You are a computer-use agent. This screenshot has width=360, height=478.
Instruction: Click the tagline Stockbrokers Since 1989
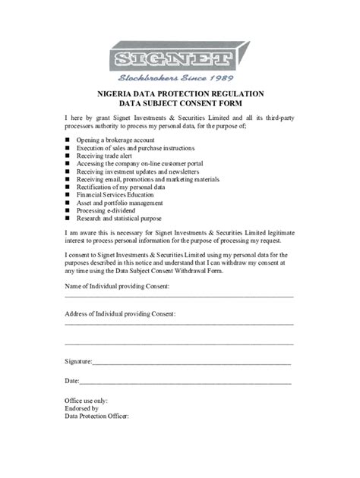coord(179,78)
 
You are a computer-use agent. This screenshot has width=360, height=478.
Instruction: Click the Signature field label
coord(79,363)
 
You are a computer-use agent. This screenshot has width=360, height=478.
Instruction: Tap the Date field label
coord(72,380)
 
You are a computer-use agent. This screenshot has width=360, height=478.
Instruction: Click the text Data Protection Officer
coord(97,417)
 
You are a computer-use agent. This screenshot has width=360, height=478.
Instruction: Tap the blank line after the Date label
coord(185,382)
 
